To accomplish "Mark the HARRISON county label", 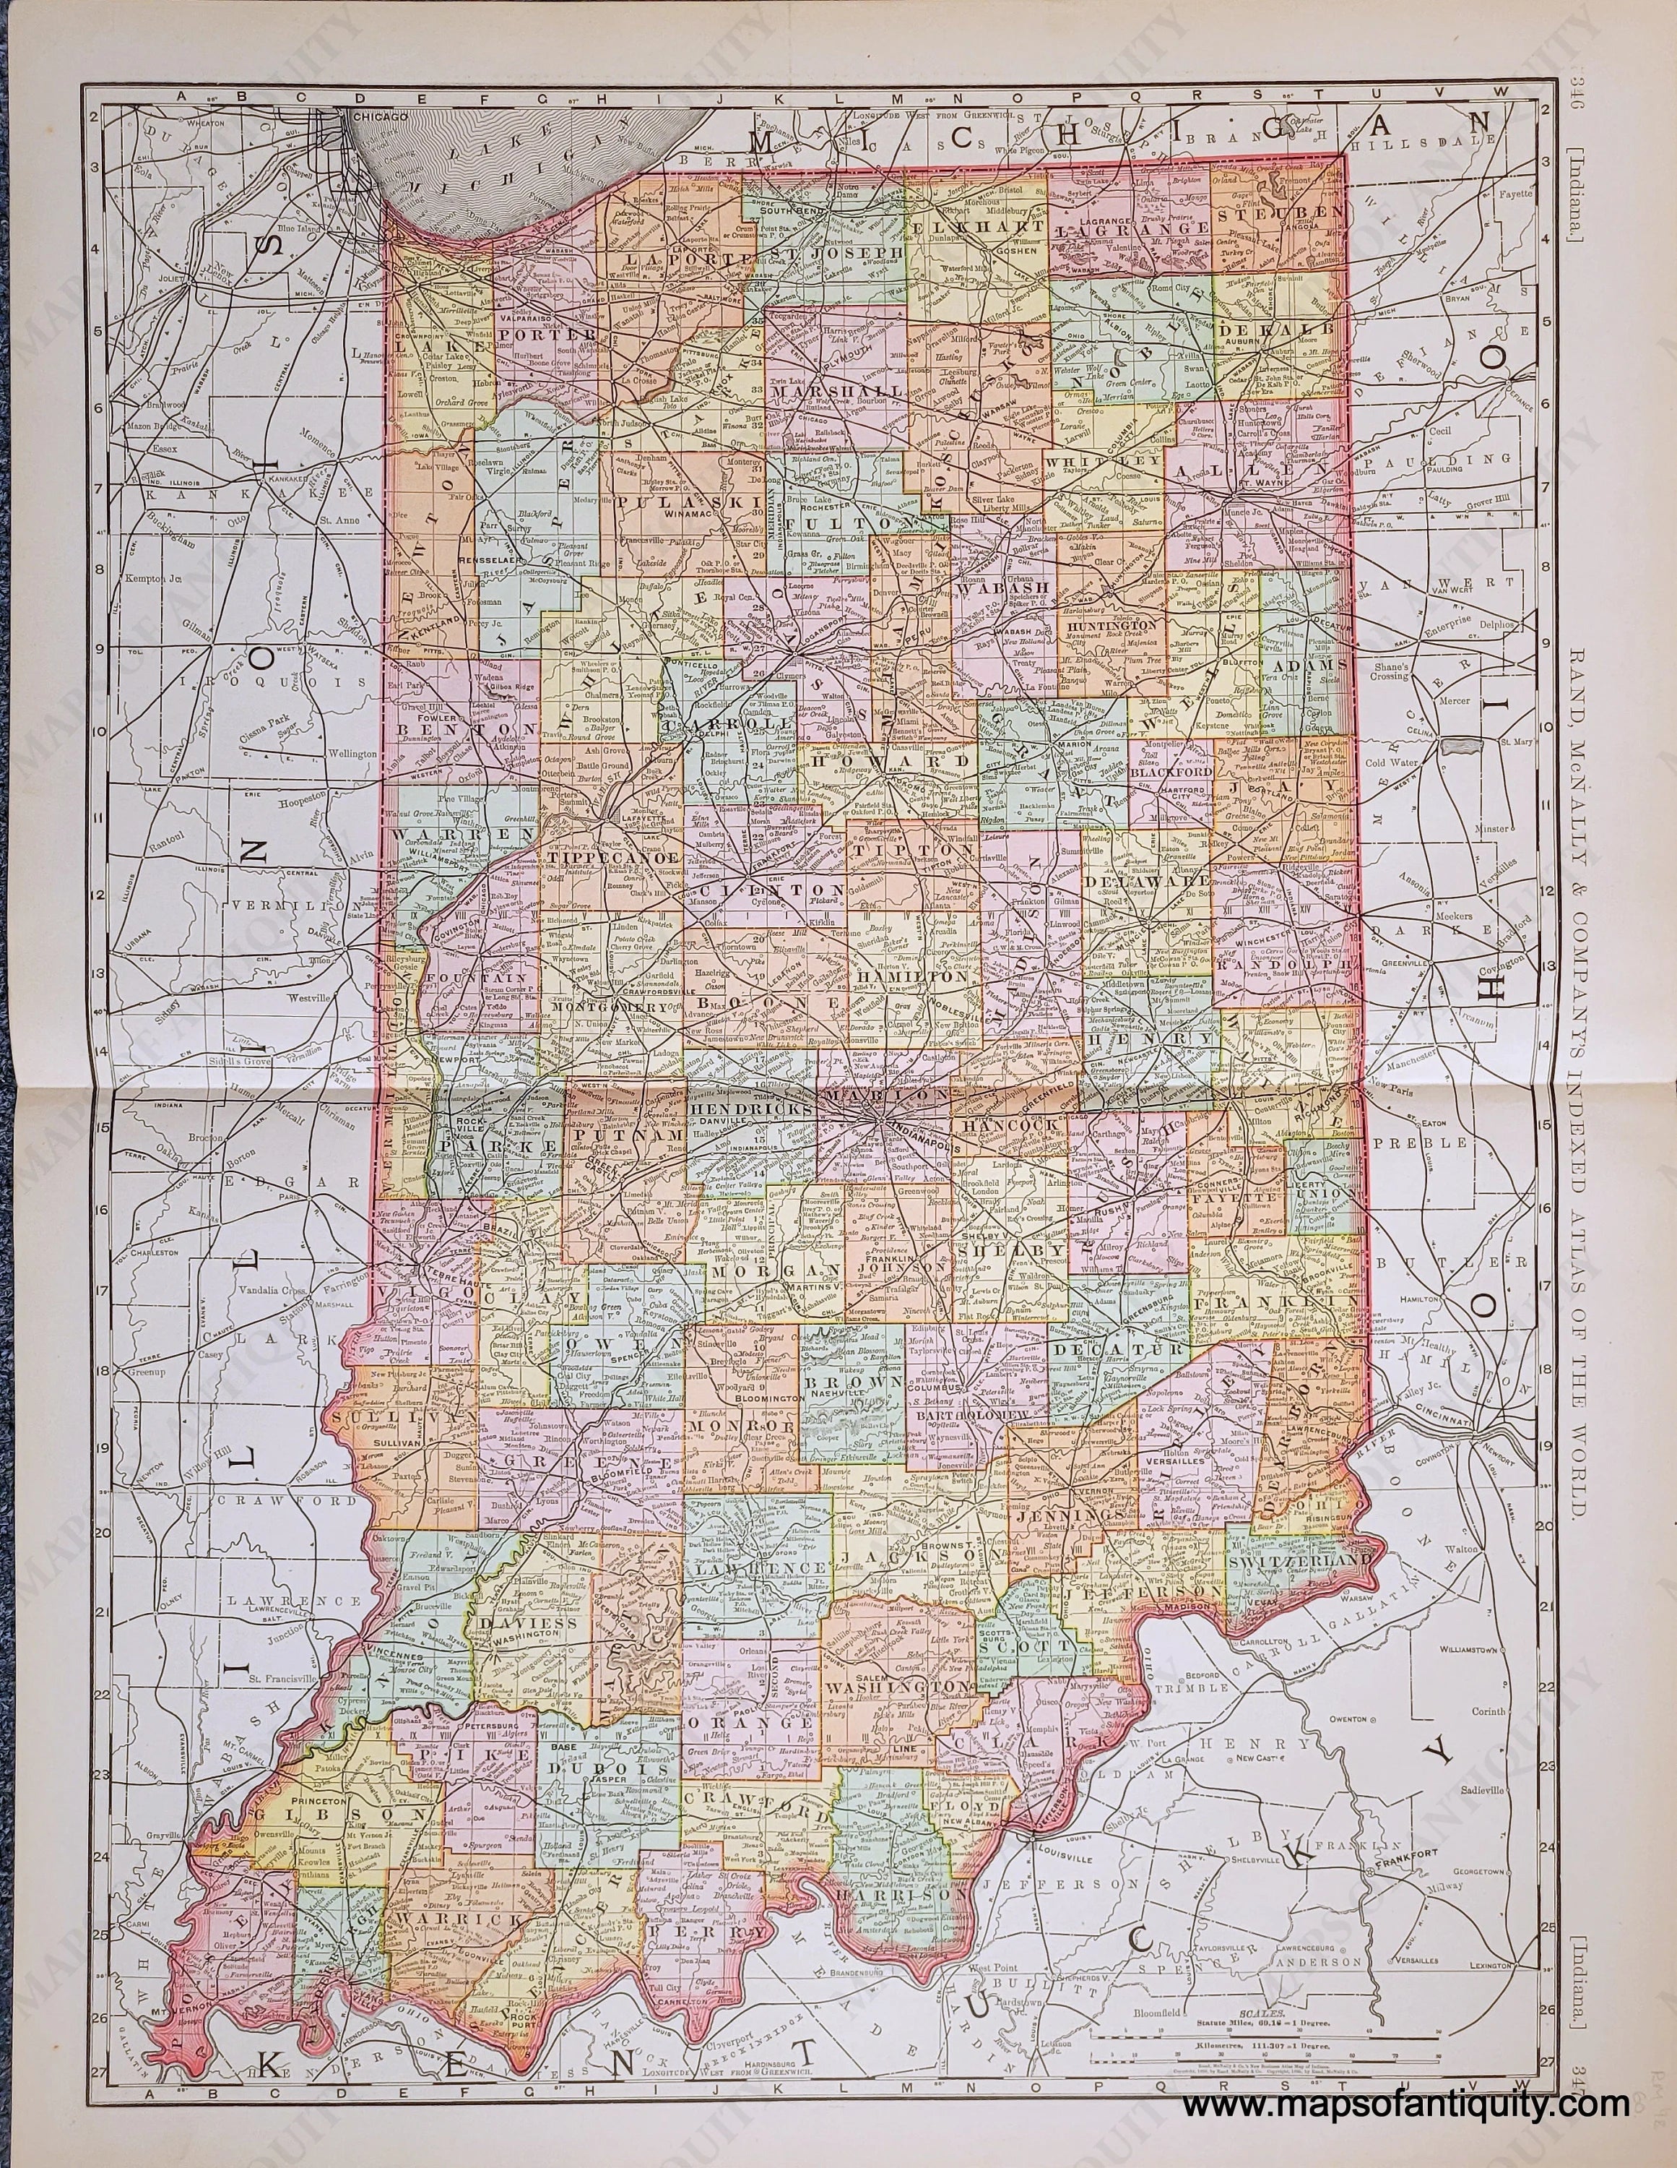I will pos(901,1894).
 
